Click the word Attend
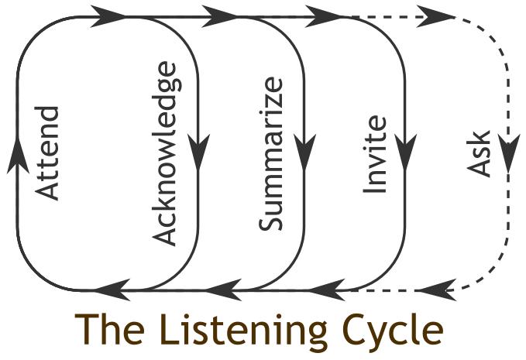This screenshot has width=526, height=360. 47,153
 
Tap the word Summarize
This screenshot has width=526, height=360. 270,154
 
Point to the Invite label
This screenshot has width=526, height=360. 375,155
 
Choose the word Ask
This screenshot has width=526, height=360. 479,154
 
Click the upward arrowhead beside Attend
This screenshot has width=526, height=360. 18,156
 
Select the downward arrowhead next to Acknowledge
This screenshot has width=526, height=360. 198,152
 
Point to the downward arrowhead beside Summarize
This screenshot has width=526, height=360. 304,152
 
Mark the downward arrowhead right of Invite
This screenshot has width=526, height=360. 406,152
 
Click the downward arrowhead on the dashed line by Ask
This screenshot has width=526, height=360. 509,153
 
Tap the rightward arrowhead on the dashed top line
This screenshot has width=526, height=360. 436,16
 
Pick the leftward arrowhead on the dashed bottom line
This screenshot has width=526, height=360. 437,290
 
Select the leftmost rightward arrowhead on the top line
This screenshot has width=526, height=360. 108,16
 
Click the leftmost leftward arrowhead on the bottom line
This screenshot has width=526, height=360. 113,290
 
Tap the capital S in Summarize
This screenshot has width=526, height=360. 270,222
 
